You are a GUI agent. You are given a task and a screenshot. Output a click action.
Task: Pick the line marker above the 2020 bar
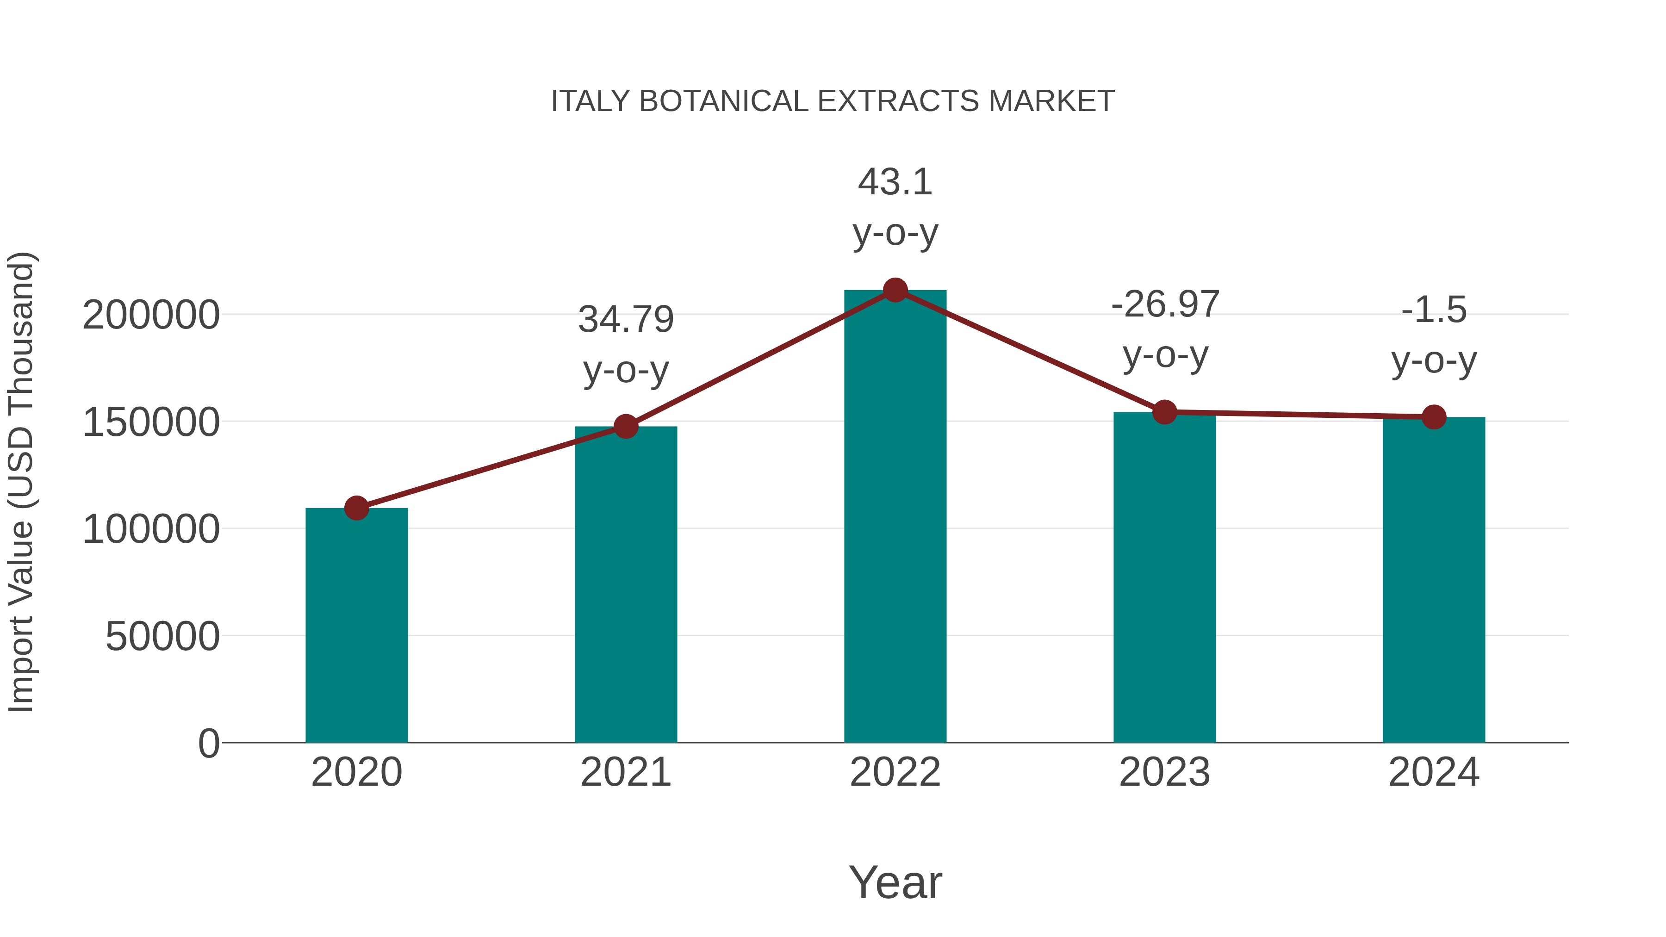[356, 508]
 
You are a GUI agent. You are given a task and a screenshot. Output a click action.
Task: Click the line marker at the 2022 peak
[895, 290]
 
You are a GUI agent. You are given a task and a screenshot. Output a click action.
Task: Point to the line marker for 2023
[1165, 412]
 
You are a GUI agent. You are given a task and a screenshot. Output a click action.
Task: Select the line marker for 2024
[1434, 417]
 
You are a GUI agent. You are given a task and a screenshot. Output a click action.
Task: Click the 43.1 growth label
[895, 182]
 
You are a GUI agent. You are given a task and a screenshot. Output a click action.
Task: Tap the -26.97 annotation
[1165, 304]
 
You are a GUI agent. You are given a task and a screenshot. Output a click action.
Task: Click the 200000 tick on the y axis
[151, 316]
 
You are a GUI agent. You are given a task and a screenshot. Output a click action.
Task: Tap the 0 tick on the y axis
[209, 743]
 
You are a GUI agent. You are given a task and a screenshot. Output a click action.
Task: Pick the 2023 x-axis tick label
[1165, 772]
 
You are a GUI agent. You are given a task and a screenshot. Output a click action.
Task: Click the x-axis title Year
[895, 882]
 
